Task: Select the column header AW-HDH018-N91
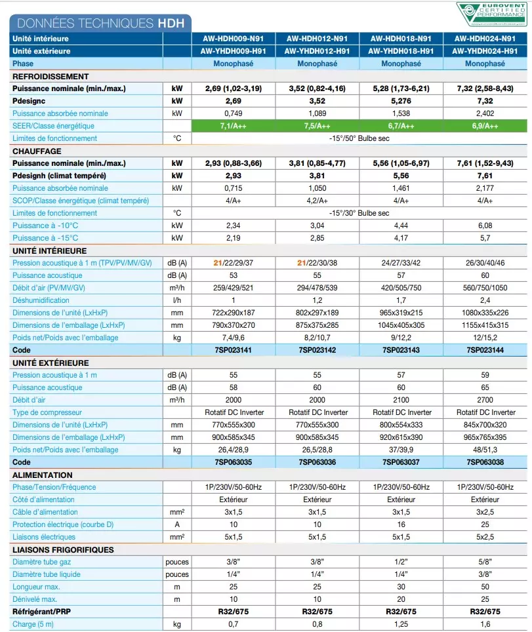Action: [401, 39]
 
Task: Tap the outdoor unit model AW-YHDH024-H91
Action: [485, 51]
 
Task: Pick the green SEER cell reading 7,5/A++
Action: [317, 126]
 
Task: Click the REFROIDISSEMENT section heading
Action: [51, 77]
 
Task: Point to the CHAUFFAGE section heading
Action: [37, 151]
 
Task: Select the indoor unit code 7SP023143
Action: [401, 351]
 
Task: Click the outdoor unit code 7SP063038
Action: [485, 462]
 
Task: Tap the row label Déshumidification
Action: [40, 300]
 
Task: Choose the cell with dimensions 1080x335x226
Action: [485, 313]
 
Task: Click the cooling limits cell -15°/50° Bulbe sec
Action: [359, 138]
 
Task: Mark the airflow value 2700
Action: [485, 400]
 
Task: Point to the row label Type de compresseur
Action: [47, 412]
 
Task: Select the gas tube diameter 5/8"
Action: [485, 562]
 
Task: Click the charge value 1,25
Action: [401, 624]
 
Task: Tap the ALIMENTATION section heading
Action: [43, 475]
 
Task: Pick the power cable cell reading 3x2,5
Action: [485, 512]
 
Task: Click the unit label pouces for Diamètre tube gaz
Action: [177, 562]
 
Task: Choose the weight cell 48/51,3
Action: [485, 450]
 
